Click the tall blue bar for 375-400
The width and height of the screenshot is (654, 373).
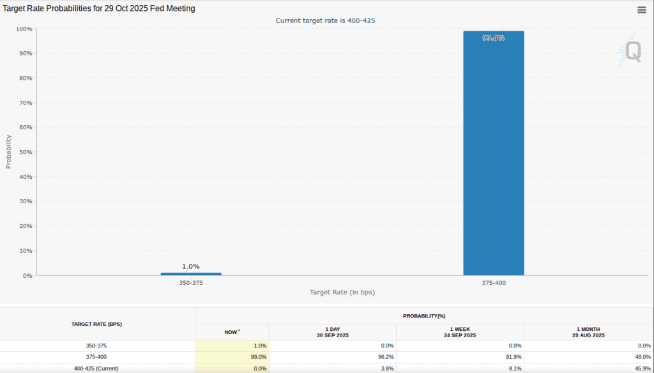493,153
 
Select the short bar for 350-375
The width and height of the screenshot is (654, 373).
191,274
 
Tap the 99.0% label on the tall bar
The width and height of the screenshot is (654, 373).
493,38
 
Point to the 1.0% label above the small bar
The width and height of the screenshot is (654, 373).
191,266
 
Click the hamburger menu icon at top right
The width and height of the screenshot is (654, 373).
641,10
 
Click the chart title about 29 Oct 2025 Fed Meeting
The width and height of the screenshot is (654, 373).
100,9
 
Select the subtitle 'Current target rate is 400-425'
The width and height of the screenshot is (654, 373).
325,20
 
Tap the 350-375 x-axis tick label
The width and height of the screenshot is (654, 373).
191,282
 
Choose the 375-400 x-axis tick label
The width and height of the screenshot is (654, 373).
493,282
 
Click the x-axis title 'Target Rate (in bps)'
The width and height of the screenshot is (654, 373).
342,292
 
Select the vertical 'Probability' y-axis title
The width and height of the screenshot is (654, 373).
9,151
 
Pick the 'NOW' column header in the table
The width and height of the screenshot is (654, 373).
232,332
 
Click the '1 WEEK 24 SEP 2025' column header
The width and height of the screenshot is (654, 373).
460,332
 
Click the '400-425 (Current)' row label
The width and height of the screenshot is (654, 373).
96,369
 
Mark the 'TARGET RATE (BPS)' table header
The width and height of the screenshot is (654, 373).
96,324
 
